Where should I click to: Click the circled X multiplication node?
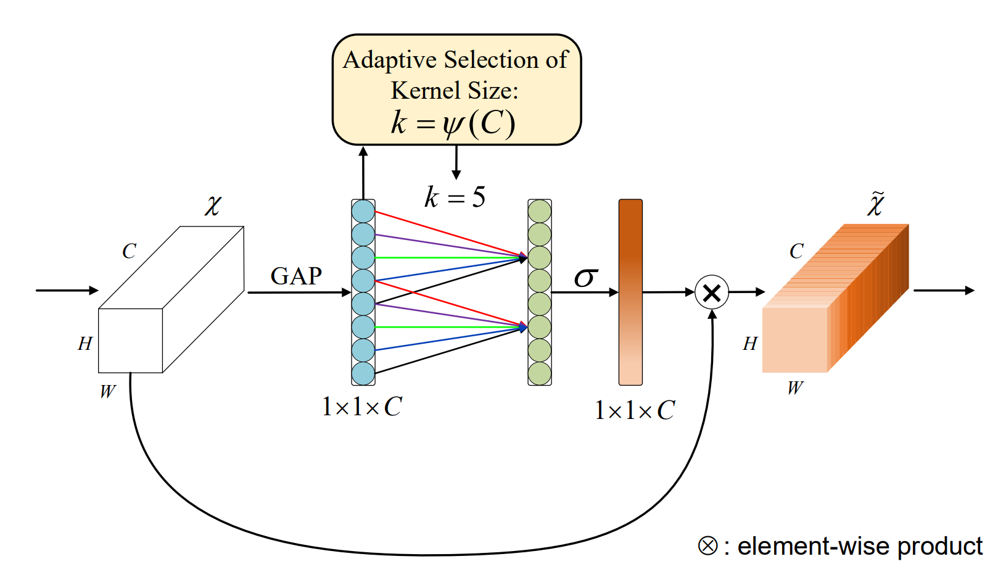pos(712,292)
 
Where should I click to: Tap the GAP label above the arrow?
pos(296,276)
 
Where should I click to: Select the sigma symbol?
pos(585,277)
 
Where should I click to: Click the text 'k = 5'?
pos(455,197)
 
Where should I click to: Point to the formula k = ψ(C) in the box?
pos(453,122)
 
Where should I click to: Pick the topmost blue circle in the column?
pos(363,212)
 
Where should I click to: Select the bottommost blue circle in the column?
pos(363,373)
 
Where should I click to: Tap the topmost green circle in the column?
pos(540,212)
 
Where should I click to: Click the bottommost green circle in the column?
pos(540,373)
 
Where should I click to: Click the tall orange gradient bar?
pos(630,292)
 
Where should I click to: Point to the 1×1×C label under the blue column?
pos(362,407)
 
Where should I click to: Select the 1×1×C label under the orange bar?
pos(635,410)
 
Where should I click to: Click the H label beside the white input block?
pos(85,344)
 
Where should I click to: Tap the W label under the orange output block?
pos(795,388)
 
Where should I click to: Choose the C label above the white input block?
pos(129,251)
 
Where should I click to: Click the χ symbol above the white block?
pos(213,205)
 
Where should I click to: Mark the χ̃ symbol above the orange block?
pos(876,204)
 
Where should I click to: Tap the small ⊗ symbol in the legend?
pos(707,546)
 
